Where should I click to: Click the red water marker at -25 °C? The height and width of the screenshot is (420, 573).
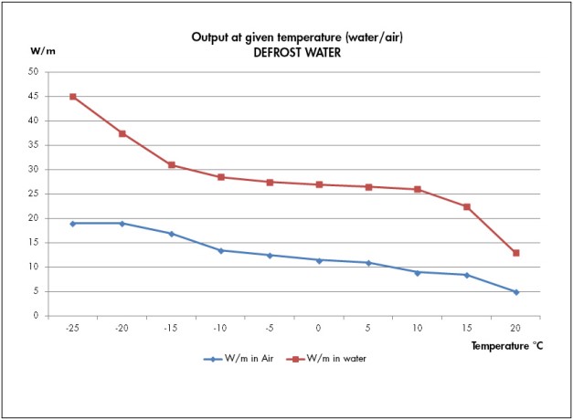[x=73, y=97]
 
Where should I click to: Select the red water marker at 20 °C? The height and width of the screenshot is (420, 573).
[x=516, y=253]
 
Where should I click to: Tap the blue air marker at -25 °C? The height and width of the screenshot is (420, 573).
[x=73, y=223]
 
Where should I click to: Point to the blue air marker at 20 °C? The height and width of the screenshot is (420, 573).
[x=516, y=292]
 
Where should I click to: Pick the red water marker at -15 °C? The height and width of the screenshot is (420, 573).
[x=172, y=165]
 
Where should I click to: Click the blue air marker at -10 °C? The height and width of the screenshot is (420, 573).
[x=221, y=250]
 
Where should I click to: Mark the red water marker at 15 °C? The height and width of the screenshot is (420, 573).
[x=467, y=207]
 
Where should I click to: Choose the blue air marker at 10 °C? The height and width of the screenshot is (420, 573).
[x=418, y=272]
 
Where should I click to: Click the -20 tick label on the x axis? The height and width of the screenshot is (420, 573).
[x=122, y=328]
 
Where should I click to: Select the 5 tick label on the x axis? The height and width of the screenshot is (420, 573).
[x=368, y=328]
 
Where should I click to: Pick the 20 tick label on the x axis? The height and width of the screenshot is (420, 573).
[x=516, y=328]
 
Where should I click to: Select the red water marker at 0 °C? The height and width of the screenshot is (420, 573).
[x=319, y=184]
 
